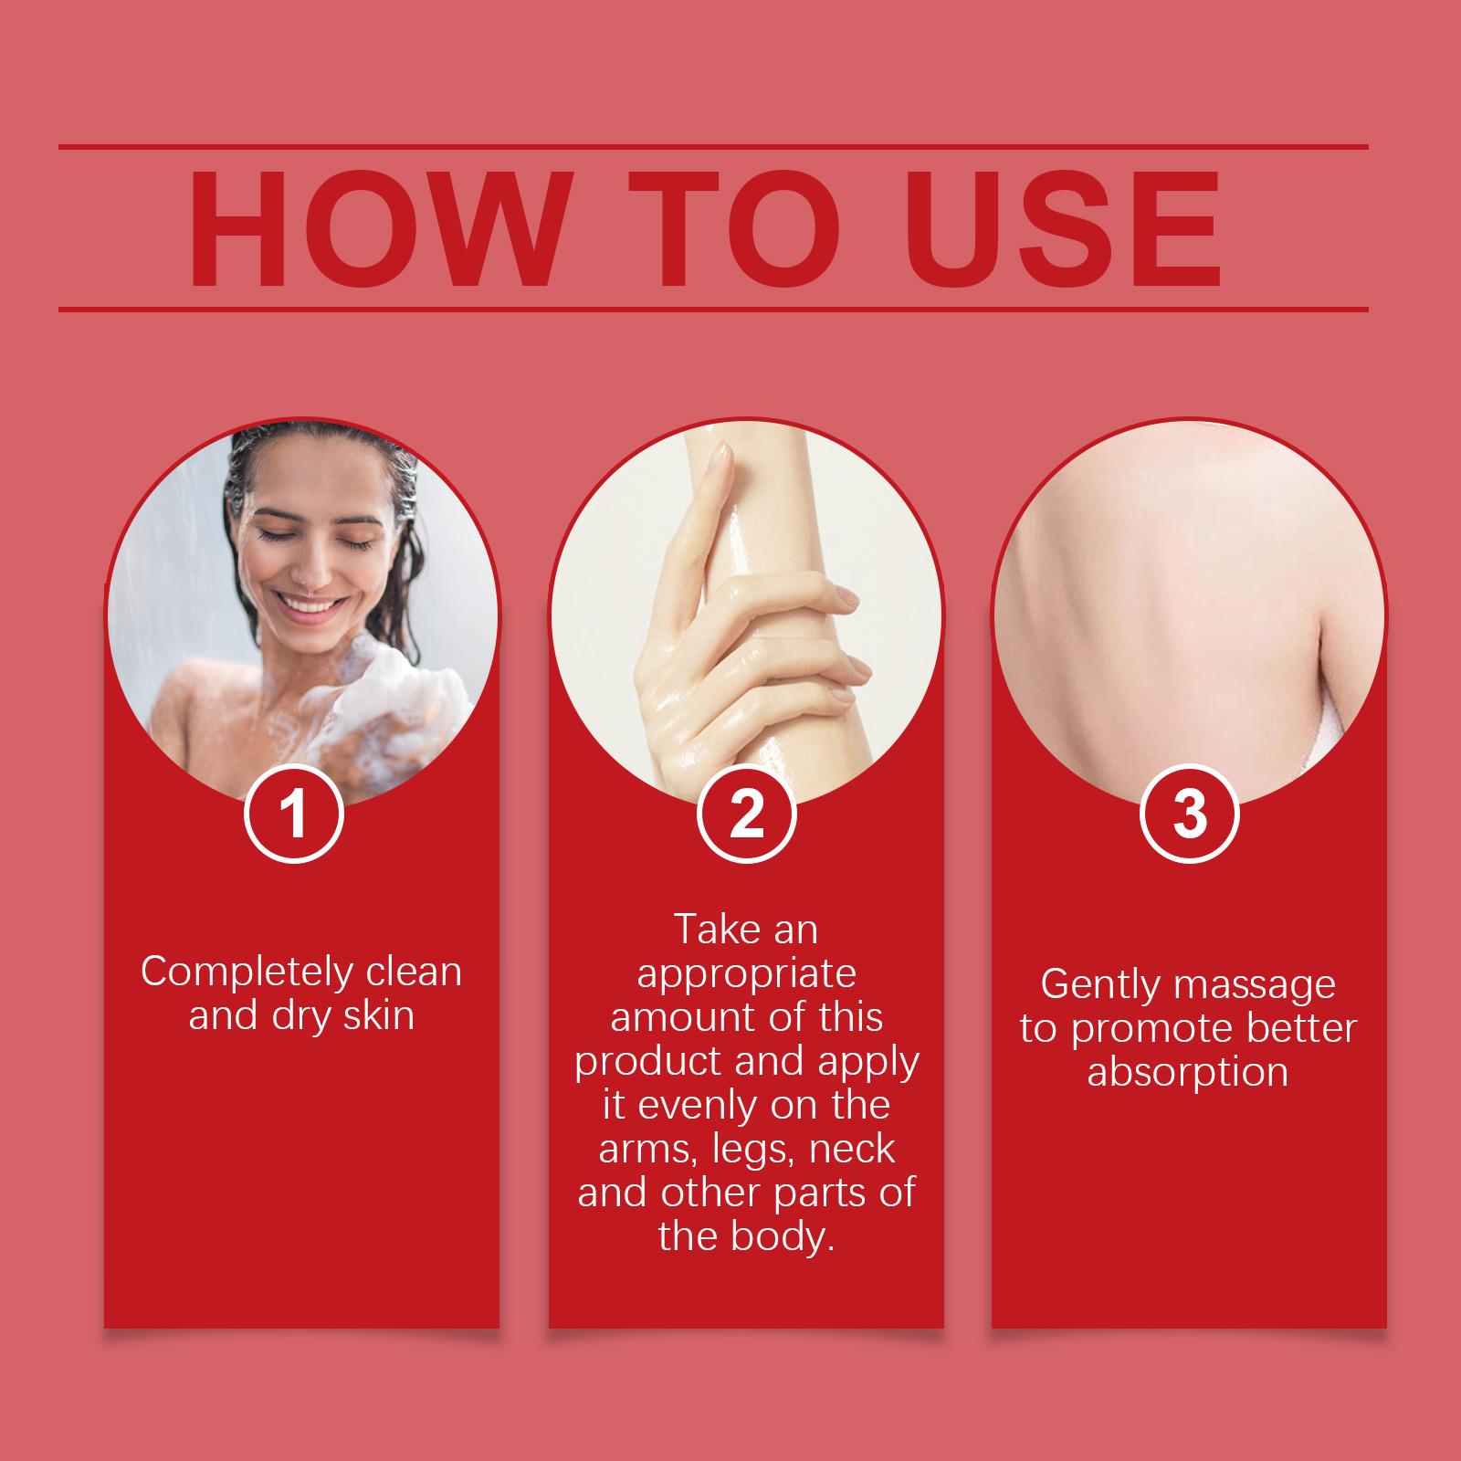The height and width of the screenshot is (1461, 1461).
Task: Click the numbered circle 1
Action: (x=293, y=815)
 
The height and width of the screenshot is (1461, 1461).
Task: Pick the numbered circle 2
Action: (x=746, y=815)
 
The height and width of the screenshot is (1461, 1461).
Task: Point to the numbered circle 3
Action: (x=1189, y=815)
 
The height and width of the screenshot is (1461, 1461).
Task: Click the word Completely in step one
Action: (x=247, y=972)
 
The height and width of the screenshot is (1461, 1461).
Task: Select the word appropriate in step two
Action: (x=746, y=974)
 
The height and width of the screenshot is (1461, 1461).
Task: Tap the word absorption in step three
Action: (x=1188, y=1072)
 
